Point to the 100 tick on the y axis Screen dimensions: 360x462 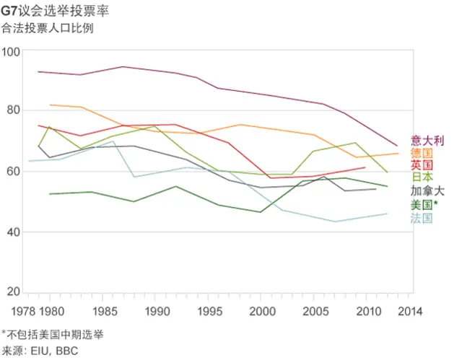[x=12, y=51]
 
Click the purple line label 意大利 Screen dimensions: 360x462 [x=427, y=140]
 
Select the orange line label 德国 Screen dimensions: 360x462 [x=422, y=153]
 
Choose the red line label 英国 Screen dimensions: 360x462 [x=422, y=165]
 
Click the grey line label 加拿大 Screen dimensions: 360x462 [x=427, y=191]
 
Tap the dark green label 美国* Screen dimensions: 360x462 [x=424, y=205]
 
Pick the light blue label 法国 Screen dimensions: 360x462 [x=422, y=218]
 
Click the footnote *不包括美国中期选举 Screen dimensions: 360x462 [x=54, y=334]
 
